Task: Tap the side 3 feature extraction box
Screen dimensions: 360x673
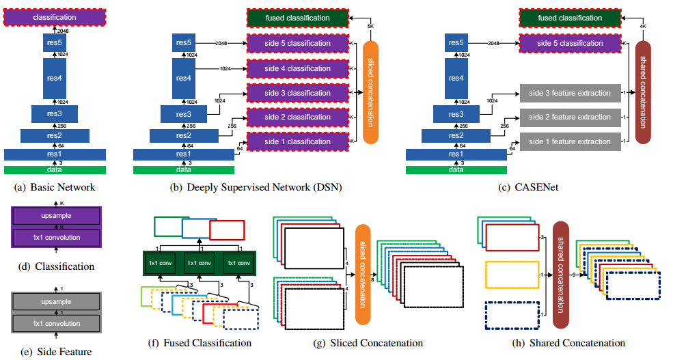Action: pyautogui.click(x=570, y=93)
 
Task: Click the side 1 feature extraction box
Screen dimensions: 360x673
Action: pyautogui.click(x=570, y=141)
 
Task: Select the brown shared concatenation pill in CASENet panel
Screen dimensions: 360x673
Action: pyautogui.click(x=644, y=92)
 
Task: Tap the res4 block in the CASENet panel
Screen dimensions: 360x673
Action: pyautogui.click(x=456, y=79)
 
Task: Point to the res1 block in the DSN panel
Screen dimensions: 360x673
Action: pyautogui.click(x=183, y=154)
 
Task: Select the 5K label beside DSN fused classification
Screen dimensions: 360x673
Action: pyautogui.click(x=372, y=27)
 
